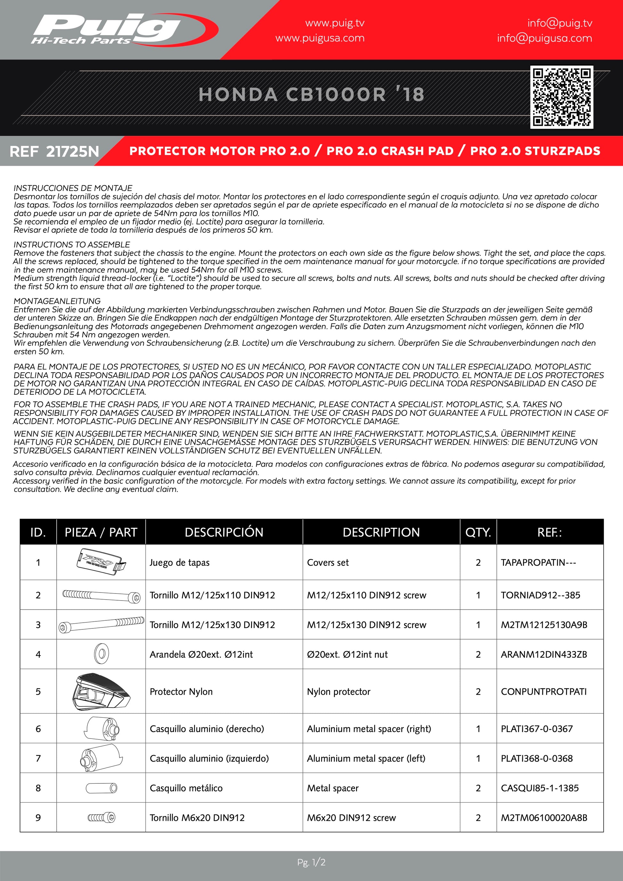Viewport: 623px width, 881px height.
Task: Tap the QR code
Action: tap(562, 97)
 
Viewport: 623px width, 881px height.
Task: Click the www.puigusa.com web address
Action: tap(320, 38)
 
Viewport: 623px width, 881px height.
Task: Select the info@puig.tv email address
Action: tap(560, 23)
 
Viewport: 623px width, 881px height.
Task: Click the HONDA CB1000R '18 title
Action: tap(311, 94)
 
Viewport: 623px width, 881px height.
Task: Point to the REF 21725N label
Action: tap(54, 151)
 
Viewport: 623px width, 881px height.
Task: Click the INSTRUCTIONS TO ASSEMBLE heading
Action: tap(72, 245)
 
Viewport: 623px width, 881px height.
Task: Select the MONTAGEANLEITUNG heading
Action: tap(57, 301)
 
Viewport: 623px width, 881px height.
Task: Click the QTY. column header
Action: tap(478, 532)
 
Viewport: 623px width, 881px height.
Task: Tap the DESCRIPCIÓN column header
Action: tap(224, 532)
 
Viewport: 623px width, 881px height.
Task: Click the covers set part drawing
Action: tap(101, 562)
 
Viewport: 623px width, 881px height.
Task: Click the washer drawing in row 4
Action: tap(101, 653)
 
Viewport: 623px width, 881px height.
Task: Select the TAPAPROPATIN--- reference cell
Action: tap(538, 562)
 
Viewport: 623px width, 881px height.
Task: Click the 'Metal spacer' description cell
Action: tap(333, 788)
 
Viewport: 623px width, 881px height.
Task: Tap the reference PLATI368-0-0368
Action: tap(536, 758)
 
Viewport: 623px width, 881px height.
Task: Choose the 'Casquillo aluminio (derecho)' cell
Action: tap(207, 729)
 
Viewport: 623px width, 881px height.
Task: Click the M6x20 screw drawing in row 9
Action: tap(101, 817)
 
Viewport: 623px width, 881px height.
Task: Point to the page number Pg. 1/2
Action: tap(311, 862)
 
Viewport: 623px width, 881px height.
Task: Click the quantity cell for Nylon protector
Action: tap(478, 691)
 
